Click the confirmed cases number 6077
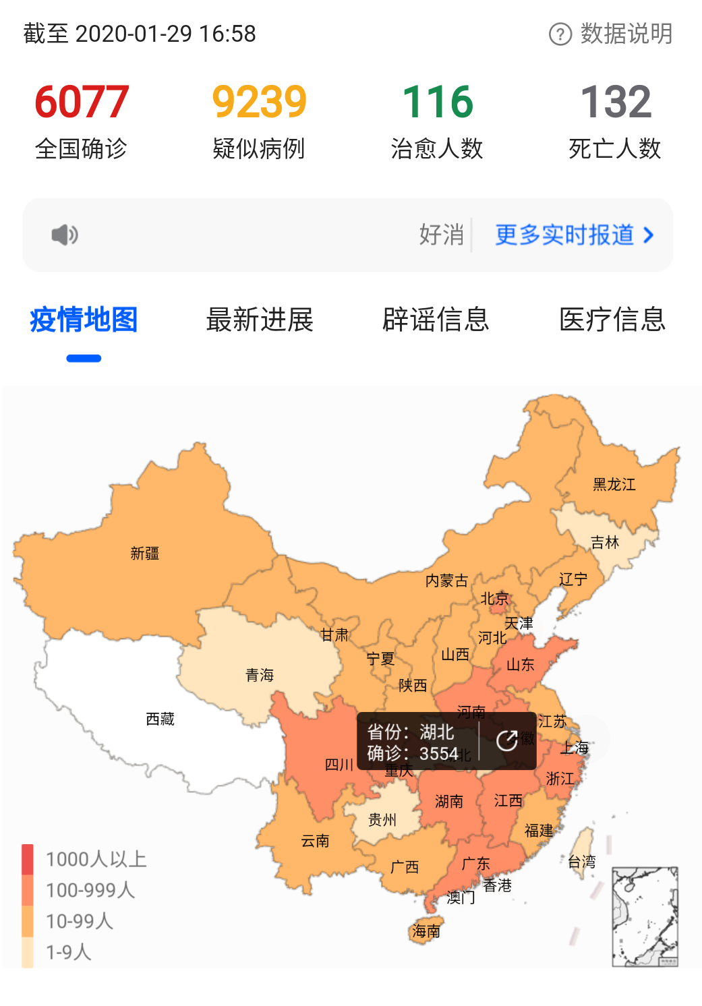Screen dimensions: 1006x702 [x=82, y=102]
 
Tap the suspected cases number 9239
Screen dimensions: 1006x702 [x=260, y=102]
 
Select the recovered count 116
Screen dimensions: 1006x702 [x=438, y=102]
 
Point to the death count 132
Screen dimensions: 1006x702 [x=616, y=102]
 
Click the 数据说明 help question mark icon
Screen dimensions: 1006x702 [x=560, y=34]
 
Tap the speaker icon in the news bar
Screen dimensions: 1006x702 [x=65, y=235]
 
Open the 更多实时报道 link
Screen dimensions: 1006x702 [x=574, y=235]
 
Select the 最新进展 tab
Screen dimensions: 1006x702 [x=260, y=320]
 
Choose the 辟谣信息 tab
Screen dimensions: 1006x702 [x=436, y=320]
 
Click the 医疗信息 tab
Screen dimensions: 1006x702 [x=612, y=320]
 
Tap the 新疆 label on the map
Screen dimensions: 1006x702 [x=144, y=554]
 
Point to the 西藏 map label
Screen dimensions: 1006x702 [x=160, y=719]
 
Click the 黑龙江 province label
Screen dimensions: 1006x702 [x=614, y=485]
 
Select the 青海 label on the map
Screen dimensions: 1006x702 [x=260, y=675]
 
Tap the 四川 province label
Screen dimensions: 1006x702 [x=339, y=765]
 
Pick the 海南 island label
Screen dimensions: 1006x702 [x=426, y=931]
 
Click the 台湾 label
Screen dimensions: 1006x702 [x=581, y=861]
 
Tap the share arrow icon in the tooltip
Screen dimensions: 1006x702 [x=507, y=741]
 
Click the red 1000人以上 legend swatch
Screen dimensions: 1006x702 [x=28, y=859]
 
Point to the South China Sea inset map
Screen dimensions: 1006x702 [x=645, y=916]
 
